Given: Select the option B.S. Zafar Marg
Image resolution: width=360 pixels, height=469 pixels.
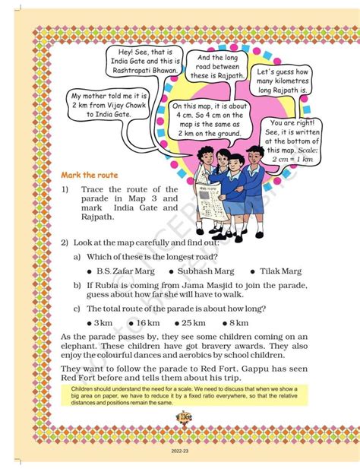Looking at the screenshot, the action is coord(125,271).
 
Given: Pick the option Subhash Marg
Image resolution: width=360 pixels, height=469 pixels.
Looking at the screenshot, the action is coord(200,271).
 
